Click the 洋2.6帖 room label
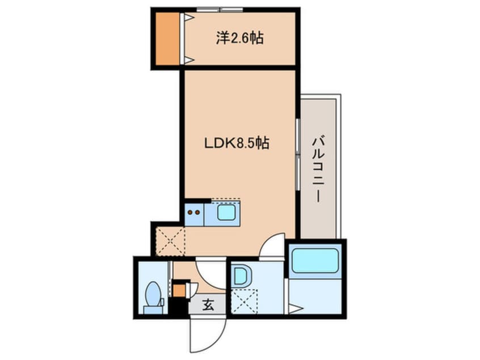point(239,38)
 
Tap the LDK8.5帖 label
point(237,143)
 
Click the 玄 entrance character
point(208,304)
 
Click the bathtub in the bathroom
point(315,261)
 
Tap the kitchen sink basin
point(226,212)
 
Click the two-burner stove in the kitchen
point(194,212)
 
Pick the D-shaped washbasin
point(241,276)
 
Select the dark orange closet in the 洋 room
point(167,39)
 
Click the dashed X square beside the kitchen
point(170,241)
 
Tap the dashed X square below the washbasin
point(245,301)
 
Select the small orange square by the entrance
point(179,291)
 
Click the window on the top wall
point(220,10)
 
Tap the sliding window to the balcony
point(297,154)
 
